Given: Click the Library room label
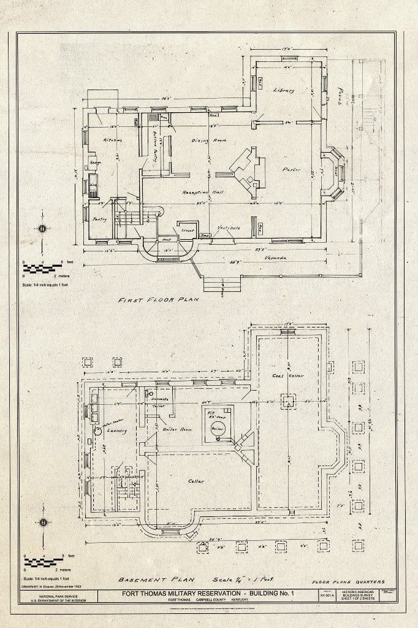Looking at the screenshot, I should tap(283, 90).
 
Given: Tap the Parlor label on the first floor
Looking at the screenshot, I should tap(291, 170).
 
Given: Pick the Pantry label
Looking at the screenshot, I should tap(99, 219).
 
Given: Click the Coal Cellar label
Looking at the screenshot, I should tap(288, 375).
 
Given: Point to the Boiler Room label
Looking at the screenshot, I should tap(177, 429).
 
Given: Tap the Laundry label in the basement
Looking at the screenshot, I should tap(116, 431).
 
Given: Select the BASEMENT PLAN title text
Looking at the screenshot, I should tap(147, 579).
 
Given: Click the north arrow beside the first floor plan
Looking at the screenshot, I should tap(42, 230).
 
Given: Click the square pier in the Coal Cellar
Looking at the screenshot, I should tap(288, 402).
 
